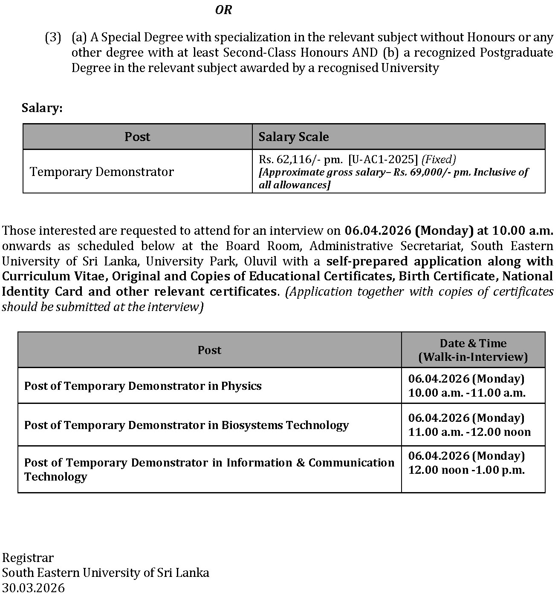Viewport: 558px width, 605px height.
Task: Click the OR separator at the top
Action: (x=223, y=10)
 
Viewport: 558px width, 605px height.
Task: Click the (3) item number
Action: (x=53, y=37)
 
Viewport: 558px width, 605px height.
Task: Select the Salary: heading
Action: (x=42, y=108)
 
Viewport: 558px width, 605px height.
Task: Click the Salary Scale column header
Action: (x=293, y=137)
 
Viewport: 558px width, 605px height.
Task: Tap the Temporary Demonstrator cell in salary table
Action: (x=102, y=172)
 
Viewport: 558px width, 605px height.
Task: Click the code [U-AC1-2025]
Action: (x=383, y=159)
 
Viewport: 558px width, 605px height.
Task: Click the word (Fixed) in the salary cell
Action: (x=438, y=159)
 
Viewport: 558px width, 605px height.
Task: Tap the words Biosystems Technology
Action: (x=285, y=425)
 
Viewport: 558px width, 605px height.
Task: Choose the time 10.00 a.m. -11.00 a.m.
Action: (x=466, y=393)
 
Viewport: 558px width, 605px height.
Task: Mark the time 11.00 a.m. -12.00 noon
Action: (x=469, y=432)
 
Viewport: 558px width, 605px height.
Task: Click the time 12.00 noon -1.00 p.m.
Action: (x=466, y=470)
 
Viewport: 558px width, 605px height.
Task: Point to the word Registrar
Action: (x=28, y=558)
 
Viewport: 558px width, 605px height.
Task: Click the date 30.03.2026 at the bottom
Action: (x=33, y=588)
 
